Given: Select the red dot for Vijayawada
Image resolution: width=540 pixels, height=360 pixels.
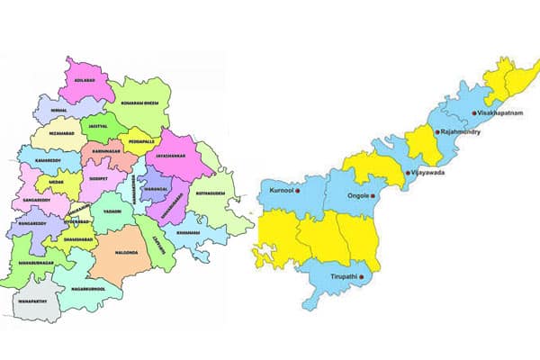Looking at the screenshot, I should click(x=407, y=171).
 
